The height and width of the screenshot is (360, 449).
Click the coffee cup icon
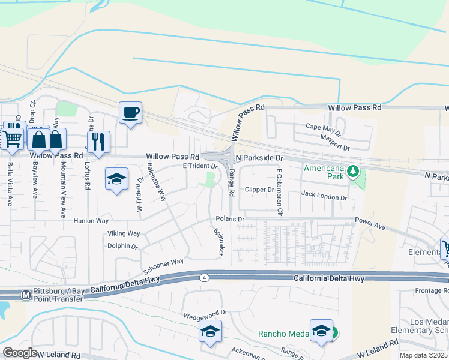pos(130,112)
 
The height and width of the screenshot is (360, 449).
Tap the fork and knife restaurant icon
pos(98,142)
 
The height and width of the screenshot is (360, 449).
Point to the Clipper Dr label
pos(259,190)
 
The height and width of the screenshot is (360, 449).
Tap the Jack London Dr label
pos(324,196)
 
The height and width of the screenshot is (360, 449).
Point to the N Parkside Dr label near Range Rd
pos(259,158)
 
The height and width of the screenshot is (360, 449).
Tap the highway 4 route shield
pos(205,277)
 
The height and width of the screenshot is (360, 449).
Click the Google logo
pos(20,352)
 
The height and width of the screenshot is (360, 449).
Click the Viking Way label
pos(124,233)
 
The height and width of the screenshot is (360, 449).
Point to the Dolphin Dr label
pos(122,246)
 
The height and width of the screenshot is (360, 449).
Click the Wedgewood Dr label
pos(205,313)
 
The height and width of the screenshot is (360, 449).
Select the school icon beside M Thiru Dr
pos(117,178)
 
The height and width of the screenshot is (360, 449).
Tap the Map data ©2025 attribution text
pos(424,355)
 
